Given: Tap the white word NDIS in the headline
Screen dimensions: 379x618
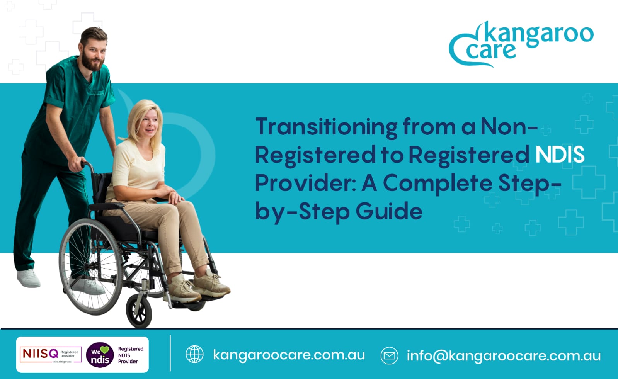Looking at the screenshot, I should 560,155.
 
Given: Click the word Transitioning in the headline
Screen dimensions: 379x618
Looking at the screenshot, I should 326,127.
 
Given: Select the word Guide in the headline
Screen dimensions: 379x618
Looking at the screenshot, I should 389,211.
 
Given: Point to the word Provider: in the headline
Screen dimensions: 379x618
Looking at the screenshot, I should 305,183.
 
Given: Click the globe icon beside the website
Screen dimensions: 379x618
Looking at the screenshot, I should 194,354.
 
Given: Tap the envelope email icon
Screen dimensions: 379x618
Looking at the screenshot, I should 389,355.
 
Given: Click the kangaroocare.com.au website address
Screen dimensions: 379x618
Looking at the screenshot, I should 289,355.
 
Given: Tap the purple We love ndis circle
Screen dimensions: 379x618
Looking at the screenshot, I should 100,355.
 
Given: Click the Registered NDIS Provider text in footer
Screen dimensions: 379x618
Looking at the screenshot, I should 130,355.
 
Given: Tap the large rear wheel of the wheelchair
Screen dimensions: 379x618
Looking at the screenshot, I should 91,267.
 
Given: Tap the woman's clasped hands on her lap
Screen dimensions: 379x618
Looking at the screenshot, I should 173,195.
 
